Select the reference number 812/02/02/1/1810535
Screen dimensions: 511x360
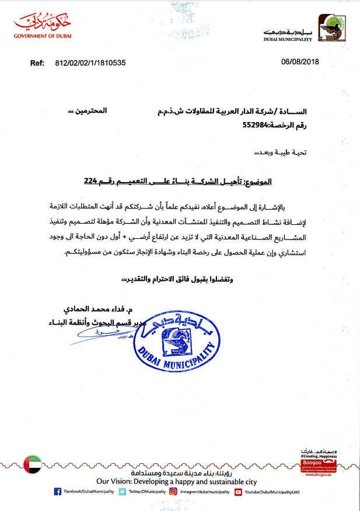[x=90, y=61]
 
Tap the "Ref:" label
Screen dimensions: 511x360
[x=37, y=61]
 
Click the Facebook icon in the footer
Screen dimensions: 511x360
[x=57, y=492]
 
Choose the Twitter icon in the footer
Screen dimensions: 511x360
[x=122, y=492]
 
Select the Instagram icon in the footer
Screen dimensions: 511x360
[x=173, y=492]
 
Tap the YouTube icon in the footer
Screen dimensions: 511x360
[x=238, y=492]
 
